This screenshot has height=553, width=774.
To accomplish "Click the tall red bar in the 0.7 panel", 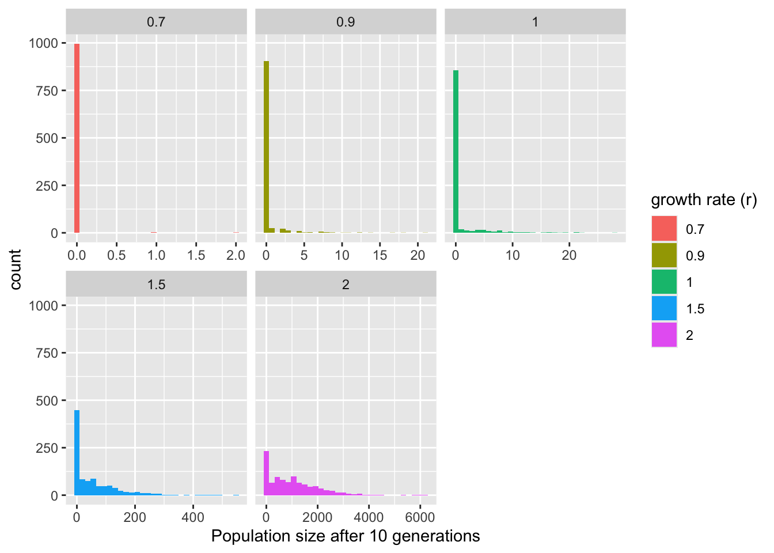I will point(77,138).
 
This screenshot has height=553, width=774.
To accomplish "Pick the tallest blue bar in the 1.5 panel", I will point(77,453).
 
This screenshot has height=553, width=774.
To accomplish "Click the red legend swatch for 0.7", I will point(664,229).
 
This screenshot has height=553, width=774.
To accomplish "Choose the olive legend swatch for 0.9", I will point(664,255).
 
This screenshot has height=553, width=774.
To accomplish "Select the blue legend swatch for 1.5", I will point(664,308).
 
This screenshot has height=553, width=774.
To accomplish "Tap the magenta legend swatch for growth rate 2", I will point(664,335).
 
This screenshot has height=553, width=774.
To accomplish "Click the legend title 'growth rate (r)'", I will point(704,200).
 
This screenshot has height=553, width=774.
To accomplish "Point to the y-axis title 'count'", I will point(16,269).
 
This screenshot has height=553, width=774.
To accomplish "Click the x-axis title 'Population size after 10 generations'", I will point(346,536).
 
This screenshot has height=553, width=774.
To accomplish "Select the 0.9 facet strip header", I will point(346,22).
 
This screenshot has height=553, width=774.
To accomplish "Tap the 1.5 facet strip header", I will point(156,285).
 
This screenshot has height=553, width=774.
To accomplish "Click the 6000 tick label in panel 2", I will point(420,517).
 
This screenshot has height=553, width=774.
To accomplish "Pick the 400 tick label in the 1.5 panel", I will point(193,517).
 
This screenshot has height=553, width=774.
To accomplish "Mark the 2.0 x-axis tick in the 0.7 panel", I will point(236,255).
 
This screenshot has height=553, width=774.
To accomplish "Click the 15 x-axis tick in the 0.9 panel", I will point(380,255).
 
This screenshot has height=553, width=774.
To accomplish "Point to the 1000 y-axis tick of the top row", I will point(43,43).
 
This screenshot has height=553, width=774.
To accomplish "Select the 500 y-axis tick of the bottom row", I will point(47,400).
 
